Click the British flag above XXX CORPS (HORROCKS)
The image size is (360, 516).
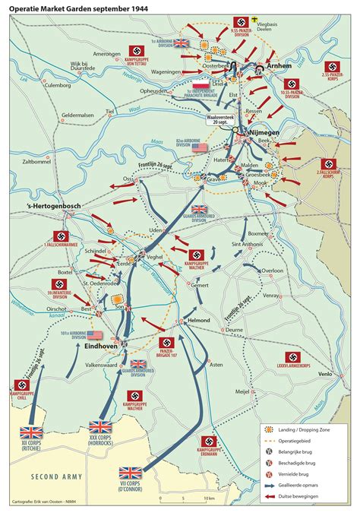101,427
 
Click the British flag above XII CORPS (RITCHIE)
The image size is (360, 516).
32,432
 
